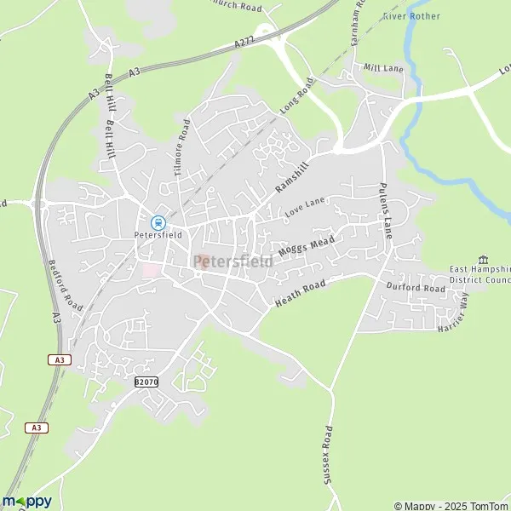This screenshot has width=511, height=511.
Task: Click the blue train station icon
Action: coord(158,221)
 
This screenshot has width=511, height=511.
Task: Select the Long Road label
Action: coord(296,95)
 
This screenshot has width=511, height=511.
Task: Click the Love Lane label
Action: coord(305,206)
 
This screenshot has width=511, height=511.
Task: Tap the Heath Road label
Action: coord(301,294)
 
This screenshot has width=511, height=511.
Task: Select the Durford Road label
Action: coord(415,289)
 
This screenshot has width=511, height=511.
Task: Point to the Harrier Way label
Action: coord(453,313)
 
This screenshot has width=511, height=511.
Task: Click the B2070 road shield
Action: coord(146,383)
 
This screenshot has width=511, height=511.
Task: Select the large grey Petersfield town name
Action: coord(233,261)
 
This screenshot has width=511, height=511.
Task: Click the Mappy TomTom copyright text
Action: coord(450,503)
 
